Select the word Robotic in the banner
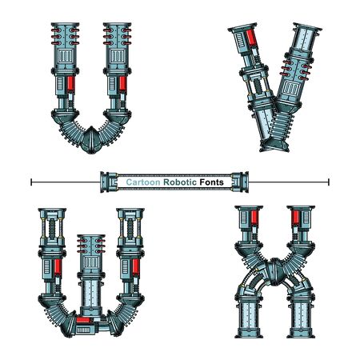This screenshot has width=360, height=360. pos(180,183)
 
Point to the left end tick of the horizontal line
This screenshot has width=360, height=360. pos(31,182)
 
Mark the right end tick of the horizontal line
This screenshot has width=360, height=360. pos(328,182)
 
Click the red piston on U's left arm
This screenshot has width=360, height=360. pos(69,82)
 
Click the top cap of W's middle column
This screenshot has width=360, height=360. pos(93,238)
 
